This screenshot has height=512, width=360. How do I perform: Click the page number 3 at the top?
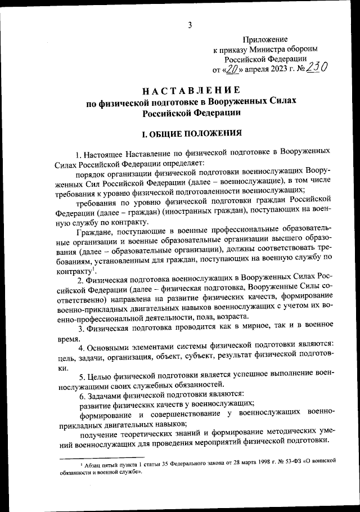(x=190, y=24)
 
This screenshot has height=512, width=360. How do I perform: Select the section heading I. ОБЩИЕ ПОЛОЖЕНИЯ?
(x=191, y=134)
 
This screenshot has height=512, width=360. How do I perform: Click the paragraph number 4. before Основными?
(x=80, y=344)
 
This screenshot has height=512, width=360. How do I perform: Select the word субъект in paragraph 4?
(x=216, y=356)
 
